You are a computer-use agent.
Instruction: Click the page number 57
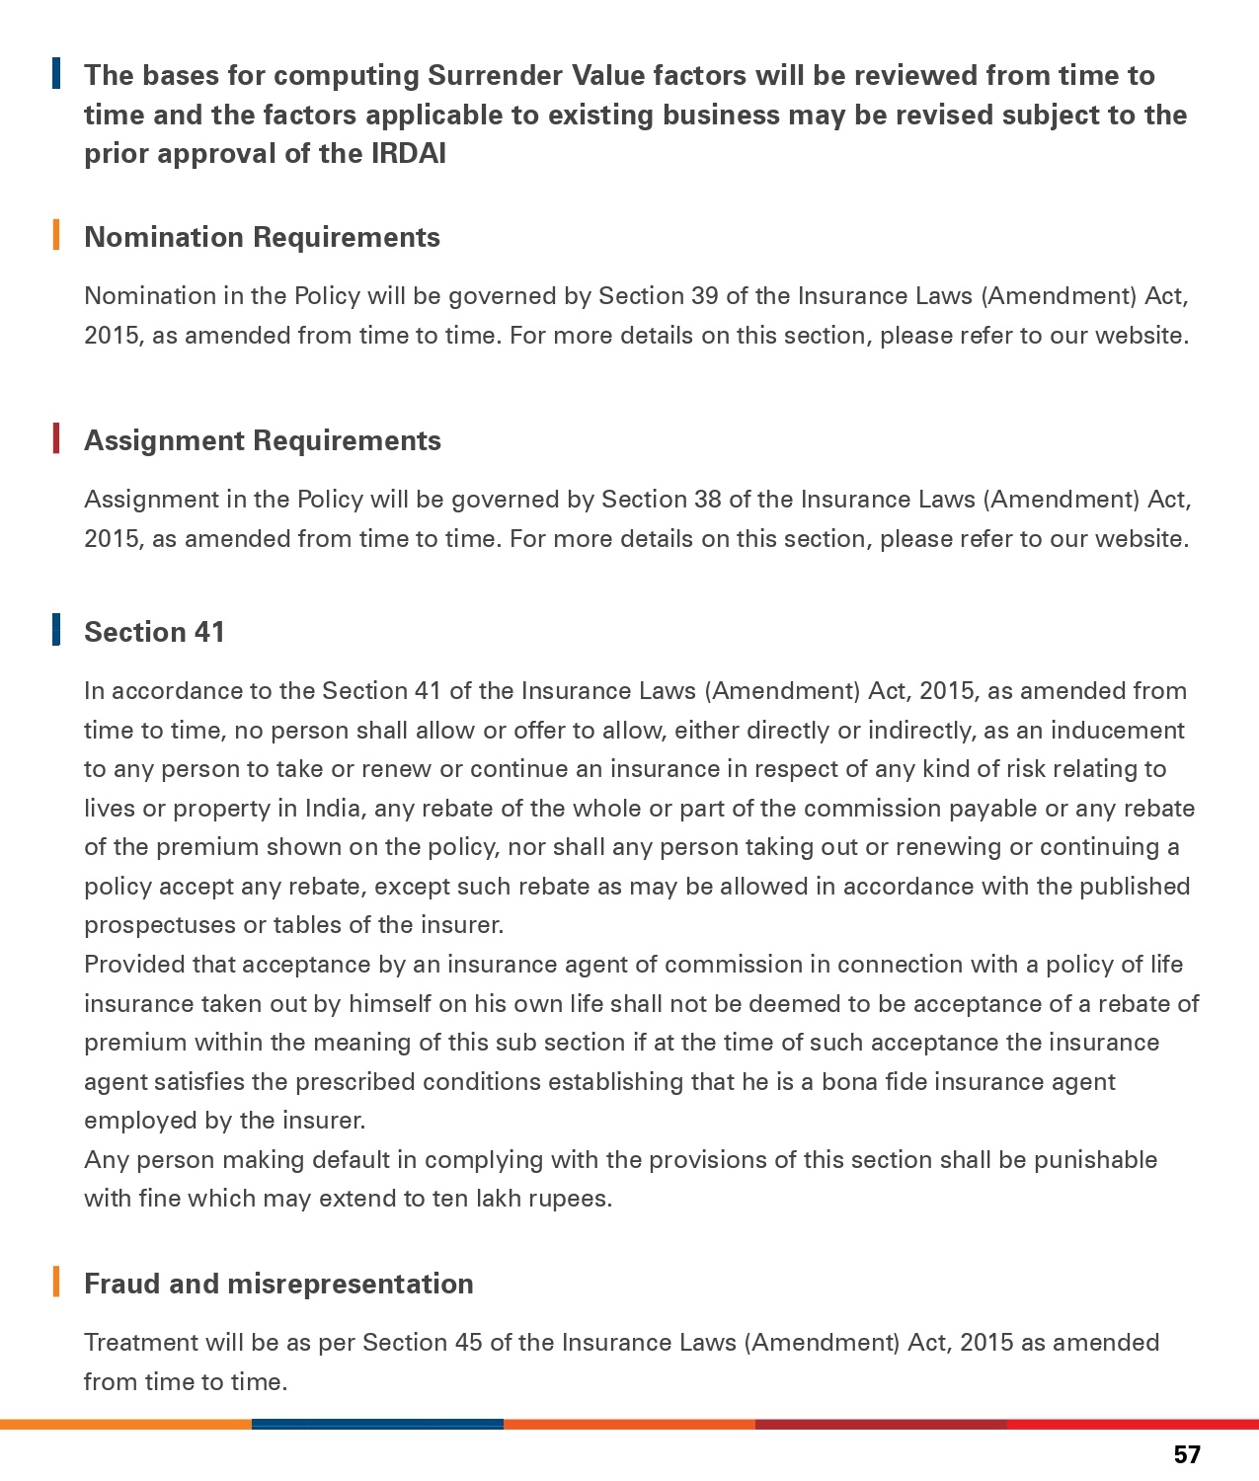coord(1187,1454)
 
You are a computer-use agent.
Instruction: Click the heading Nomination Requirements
coord(262,237)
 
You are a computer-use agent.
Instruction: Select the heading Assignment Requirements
coord(263,440)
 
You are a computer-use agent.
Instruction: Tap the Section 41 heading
coord(155,632)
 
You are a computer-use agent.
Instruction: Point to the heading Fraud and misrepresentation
coord(278,1284)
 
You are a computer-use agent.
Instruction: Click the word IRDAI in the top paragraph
coord(408,154)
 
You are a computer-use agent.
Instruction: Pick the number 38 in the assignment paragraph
coord(707,500)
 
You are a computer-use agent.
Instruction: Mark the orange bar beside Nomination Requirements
coord(56,235)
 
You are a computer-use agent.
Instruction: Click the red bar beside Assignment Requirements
coord(56,438)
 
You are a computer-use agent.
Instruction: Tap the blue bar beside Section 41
coord(56,629)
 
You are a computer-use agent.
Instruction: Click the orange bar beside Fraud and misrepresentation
coord(56,1281)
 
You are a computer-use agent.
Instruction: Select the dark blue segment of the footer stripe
coord(377,1424)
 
